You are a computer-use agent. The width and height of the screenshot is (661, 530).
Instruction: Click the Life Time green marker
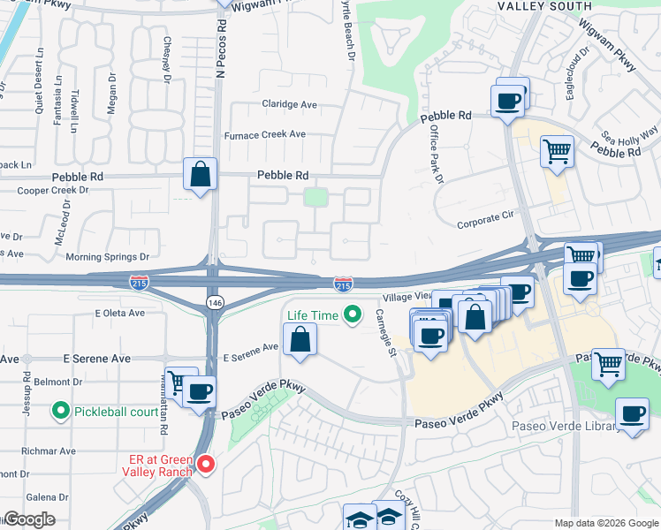click(x=353, y=314)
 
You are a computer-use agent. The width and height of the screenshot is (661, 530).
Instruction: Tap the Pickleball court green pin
click(x=61, y=411)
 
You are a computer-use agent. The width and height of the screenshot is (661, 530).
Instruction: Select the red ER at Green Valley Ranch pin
click(x=206, y=463)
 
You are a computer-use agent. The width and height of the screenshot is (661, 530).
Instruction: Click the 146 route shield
click(x=215, y=302)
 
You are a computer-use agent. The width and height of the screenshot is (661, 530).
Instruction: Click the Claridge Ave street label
click(x=289, y=104)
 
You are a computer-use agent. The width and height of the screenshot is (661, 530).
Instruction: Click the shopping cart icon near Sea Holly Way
click(x=558, y=151)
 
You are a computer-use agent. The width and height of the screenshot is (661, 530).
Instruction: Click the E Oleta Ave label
click(x=119, y=313)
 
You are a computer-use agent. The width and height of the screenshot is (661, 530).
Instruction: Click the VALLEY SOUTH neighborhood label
click(x=543, y=5)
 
